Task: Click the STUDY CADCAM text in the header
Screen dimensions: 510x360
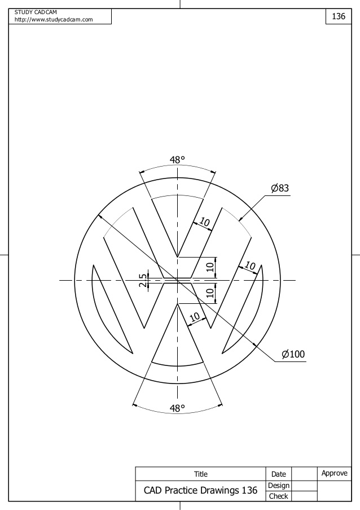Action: coord(32,12)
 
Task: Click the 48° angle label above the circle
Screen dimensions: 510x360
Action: coord(177,160)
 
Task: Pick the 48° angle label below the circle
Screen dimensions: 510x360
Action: coord(177,408)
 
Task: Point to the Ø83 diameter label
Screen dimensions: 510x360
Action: coord(280,188)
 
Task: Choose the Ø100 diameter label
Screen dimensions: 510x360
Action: coord(293,354)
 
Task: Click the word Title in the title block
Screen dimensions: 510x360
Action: coord(200,474)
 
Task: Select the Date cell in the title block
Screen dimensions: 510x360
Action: coord(278,474)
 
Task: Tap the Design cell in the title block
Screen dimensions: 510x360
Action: coord(278,485)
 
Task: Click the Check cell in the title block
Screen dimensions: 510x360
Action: coord(278,496)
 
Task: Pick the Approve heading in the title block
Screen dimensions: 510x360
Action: coord(334,473)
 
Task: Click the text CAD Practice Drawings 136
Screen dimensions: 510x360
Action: coord(200,490)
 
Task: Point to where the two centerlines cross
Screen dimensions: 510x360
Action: coord(177,280)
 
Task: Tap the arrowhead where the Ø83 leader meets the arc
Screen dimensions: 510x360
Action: coord(240,219)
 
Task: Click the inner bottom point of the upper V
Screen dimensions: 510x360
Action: coord(177,257)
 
